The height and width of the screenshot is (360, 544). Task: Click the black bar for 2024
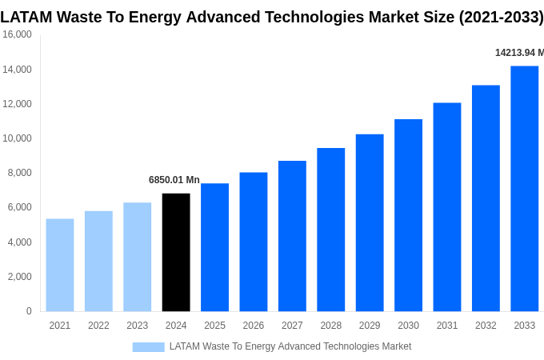tap(176, 252)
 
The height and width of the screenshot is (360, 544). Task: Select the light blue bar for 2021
tap(60, 265)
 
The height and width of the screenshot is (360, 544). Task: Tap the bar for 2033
tap(524, 189)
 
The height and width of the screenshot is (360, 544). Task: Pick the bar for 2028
tap(330, 230)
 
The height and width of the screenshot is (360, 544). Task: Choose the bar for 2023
tap(137, 257)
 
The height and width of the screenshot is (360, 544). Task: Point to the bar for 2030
tap(408, 215)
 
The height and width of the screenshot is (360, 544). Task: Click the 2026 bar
tap(254, 242)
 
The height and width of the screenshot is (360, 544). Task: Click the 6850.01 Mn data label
tap(174, 180)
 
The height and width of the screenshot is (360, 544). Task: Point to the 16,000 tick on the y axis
tap(17, 34)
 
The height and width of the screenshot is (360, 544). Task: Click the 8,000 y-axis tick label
tap(19, 173)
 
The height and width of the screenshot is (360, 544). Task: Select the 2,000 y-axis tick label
tap(19, 277)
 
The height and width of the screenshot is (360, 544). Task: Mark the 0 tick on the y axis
tap(29, 311)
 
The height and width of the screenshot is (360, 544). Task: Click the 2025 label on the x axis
tap(214, 326)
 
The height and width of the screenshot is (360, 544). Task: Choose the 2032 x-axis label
tap(486, 326)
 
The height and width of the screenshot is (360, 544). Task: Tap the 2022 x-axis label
tap(98, 326)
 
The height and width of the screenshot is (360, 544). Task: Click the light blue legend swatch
tap(148, 346)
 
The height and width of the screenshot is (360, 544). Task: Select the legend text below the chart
tap(290, 346)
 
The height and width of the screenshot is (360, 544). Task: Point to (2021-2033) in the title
tap(501, 17)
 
